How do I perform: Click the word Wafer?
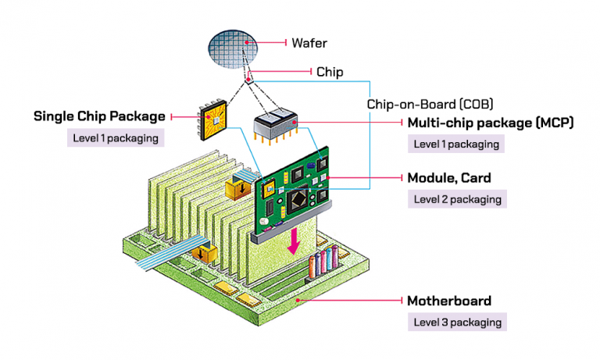coord(309,42)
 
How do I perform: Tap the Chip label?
coord(329,72)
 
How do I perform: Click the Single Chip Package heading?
coord(99,116)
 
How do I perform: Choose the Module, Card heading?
coord(450,177)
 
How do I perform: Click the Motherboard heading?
coord(448,301)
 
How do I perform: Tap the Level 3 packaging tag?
coord(457,322)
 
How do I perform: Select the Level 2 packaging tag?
coord(457,198)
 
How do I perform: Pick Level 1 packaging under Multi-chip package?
coord(457,144)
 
